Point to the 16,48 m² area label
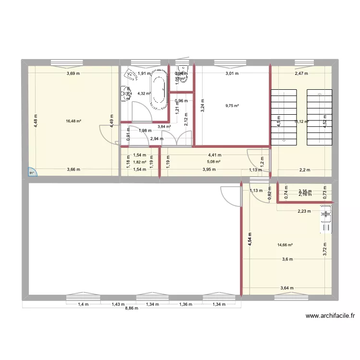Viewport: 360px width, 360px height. point(73,121)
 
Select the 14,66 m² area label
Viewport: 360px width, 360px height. point(285,245)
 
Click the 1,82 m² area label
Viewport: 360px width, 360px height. point(140,162)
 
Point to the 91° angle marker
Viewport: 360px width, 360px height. point(33,173)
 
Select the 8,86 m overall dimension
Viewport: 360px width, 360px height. point(131,308)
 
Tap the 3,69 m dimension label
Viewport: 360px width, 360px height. point(73,73)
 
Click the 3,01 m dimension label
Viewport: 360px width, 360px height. point(232,73)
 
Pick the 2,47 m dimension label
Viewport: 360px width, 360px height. point(301,73)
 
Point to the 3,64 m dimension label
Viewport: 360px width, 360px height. point(287,288)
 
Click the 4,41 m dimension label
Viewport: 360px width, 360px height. point(215,155)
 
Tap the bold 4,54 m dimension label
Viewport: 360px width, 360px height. point(250,239)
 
